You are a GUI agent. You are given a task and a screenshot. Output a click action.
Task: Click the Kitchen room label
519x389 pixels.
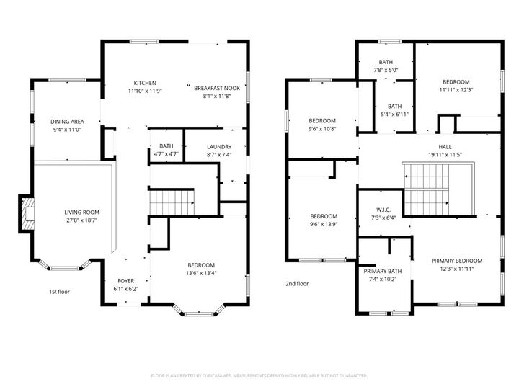[x=145, y=83]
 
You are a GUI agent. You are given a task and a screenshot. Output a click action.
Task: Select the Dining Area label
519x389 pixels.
[x=66, y=122]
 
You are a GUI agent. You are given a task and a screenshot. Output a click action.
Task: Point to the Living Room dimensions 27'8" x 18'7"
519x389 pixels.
[x=81, y=221]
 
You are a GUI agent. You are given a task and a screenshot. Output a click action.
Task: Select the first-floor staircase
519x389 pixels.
[x=172, y=202]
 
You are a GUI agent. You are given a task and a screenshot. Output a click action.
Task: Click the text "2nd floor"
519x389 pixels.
[x=296, y=284]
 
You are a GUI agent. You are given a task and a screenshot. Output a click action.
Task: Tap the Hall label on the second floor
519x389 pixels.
[x=455, y=146]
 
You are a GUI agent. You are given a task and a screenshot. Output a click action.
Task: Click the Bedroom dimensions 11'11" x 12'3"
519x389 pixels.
[x=456, y=90]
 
